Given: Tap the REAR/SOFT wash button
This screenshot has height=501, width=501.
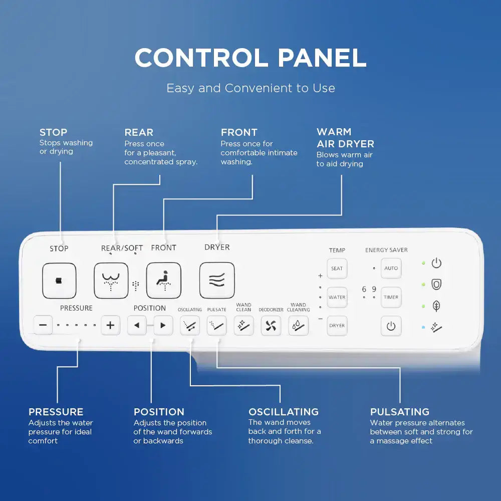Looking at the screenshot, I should [111, 281].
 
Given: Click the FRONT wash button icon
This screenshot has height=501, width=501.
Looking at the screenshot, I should [163, 281].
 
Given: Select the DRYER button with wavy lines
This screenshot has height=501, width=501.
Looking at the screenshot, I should [217, 281].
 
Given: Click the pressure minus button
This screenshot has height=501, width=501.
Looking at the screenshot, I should [43, 325].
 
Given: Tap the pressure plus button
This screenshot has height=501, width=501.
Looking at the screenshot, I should [110, 325].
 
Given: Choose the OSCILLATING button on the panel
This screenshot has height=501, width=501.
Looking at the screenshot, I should [190, 326].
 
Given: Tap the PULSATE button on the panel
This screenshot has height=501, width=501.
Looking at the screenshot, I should [217, 326].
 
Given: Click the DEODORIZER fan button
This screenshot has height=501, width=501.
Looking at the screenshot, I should [271, 326].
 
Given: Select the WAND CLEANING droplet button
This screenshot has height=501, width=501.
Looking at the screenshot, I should [298, 326].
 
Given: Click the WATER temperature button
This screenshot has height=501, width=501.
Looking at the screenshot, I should [337, 297].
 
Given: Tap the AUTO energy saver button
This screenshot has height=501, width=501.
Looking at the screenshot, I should [391, 268].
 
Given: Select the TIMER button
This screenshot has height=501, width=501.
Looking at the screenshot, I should [391, 297].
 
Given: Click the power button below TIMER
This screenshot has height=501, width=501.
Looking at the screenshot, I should [391, 326].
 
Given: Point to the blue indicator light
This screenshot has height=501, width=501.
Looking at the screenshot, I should [423, 327].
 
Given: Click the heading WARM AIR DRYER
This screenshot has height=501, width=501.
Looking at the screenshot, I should [345, 138].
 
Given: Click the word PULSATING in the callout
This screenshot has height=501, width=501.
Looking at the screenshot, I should [399, 412].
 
